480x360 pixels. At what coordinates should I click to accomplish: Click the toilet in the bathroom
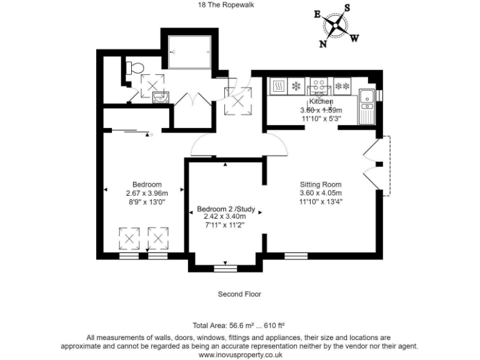pos(133,68)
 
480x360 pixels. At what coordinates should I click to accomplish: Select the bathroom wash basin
pos(161,96)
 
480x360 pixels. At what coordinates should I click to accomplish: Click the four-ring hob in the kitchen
pos(320,86)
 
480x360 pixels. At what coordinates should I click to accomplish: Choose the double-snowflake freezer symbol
pos(342,86)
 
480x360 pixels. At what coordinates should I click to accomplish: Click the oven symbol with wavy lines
pos(278,86)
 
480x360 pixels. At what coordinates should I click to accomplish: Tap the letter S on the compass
pos(347,8)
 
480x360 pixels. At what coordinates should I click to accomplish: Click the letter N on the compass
pos(324,44)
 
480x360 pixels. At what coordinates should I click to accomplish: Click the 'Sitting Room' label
pos(321,184)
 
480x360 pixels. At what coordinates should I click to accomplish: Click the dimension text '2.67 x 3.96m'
pos(147,192)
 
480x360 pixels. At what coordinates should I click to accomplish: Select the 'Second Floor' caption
pos(239,294)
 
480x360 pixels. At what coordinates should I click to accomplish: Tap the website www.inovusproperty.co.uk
pos(239,354)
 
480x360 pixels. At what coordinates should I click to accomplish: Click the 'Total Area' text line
pos(239,326)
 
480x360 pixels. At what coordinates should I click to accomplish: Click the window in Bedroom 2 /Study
pos(226,269)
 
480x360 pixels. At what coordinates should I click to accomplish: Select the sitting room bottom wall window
pos(296,256)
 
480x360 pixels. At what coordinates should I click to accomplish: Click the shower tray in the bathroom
pos(188,52)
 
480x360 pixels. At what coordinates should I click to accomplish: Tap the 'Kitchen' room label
pos(321,101)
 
